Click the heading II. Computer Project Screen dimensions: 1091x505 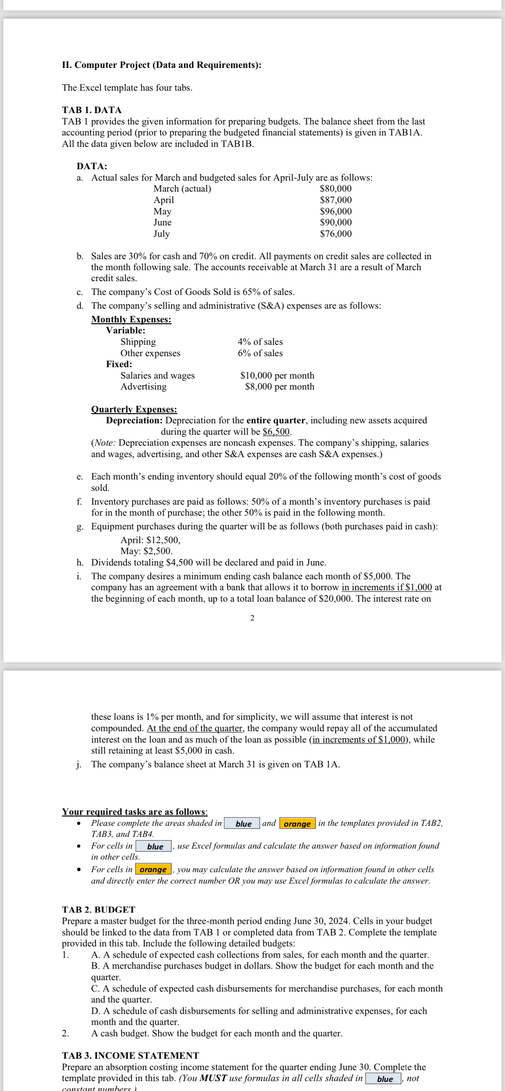tap(161, 65)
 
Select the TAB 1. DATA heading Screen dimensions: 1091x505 tap(92, 110)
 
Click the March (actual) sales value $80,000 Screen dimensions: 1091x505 tap(335, 189)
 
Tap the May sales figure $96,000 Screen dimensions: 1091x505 tap(335, 211)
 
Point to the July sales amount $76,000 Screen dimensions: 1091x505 tap(335, 234)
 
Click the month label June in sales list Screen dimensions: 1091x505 tap(162, 222)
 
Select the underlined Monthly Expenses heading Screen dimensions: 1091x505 tap(131, 319)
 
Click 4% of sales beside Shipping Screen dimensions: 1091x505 tap(260, 342)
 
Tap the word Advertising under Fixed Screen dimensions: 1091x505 tap(143, 387)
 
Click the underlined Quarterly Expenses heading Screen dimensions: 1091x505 tap(134, 409)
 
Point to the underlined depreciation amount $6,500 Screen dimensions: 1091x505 tap(276, 432)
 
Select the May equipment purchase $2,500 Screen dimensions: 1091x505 tap(158, 551)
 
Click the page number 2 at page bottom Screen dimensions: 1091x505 tap(252, 618)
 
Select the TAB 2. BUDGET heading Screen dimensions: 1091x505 tap(98, 910)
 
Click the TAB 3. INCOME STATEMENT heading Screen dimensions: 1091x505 tap(130, 1055)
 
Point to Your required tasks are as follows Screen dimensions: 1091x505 tap(135, 812)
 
